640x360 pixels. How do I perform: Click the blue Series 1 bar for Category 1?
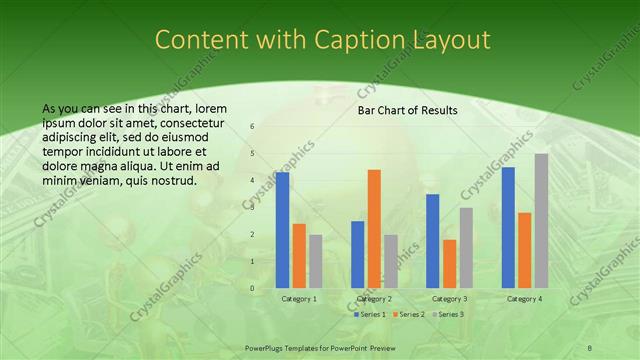point(283,230)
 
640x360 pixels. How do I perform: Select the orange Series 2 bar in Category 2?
point(374,228)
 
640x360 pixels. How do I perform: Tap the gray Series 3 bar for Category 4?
point(541,220)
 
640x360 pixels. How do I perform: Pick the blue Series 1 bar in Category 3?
point(433,241)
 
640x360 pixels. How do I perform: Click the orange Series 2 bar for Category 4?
point(525,250)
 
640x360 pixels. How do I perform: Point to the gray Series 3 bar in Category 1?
point(315,261)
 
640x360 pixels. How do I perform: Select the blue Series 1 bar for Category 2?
point(358,254)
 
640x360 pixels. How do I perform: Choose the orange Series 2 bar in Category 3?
point(449,263)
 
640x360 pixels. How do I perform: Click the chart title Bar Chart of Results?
point(408,110)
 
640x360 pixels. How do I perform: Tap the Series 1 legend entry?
point(370,314)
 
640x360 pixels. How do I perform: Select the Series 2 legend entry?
point(409,314)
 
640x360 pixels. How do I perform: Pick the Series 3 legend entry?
point(448,314)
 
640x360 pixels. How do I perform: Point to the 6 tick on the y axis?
point(252,126)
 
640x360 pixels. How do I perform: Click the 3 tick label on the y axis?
point(252,207)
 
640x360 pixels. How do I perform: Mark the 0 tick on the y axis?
point(252,288)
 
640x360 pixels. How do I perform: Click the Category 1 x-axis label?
point(299,298)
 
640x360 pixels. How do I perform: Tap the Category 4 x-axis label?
point(525,298)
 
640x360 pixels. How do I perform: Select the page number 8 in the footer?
point(591,346)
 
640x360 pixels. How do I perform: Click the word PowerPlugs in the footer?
point(266,346)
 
